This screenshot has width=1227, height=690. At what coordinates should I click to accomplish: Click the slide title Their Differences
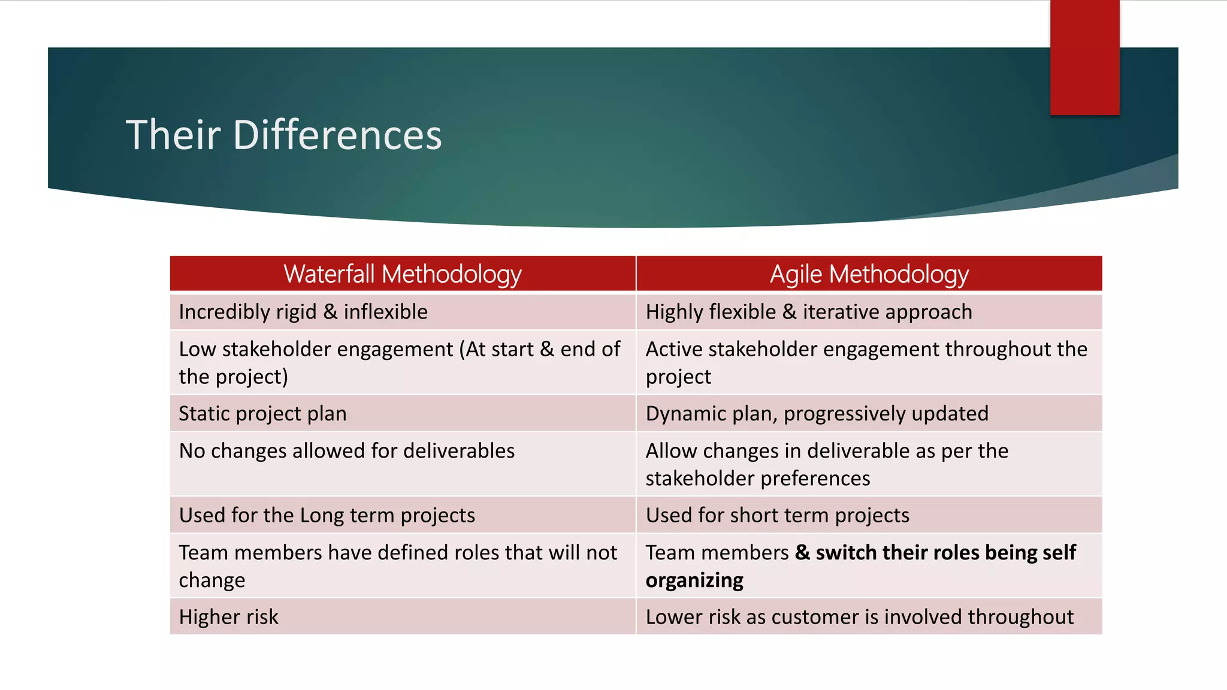pos(283,135)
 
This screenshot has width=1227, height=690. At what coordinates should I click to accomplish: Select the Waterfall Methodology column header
pos(402,274)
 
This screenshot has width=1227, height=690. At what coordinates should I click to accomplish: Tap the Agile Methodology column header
pos(869,274)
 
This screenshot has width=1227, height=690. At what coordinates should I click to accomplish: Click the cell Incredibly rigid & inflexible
pos(303,312)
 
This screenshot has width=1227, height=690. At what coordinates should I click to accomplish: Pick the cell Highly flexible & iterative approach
pos(808,312)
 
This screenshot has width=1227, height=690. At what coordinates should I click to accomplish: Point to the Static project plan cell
pos(262,414)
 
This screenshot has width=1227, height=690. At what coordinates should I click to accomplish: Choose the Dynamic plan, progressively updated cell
pos(817,414)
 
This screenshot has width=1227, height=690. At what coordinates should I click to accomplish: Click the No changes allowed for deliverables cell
pos(346,451)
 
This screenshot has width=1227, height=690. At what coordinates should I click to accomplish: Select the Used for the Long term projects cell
pos(327,516)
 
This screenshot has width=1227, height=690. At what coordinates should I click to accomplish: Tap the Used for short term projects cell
pos(777,516)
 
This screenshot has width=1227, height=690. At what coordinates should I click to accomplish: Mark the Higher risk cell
pos(228,618)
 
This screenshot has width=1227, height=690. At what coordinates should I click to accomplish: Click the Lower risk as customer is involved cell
pos(859,618)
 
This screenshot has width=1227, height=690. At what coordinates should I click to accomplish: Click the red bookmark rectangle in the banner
pos(1084,57)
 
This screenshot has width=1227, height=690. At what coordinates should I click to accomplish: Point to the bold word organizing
pos(694,580)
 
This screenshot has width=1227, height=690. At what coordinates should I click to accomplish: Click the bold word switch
pos(845,553)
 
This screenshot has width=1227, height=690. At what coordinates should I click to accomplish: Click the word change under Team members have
pos(211,580)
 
